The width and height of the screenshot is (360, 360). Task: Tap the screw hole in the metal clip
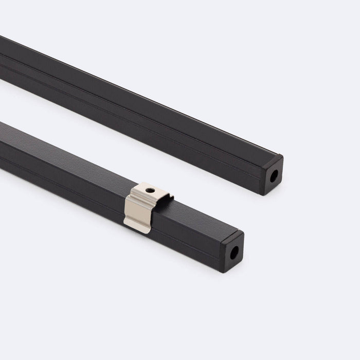(x=150, y=190)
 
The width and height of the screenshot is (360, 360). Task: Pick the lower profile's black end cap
(x=232, y=251)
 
